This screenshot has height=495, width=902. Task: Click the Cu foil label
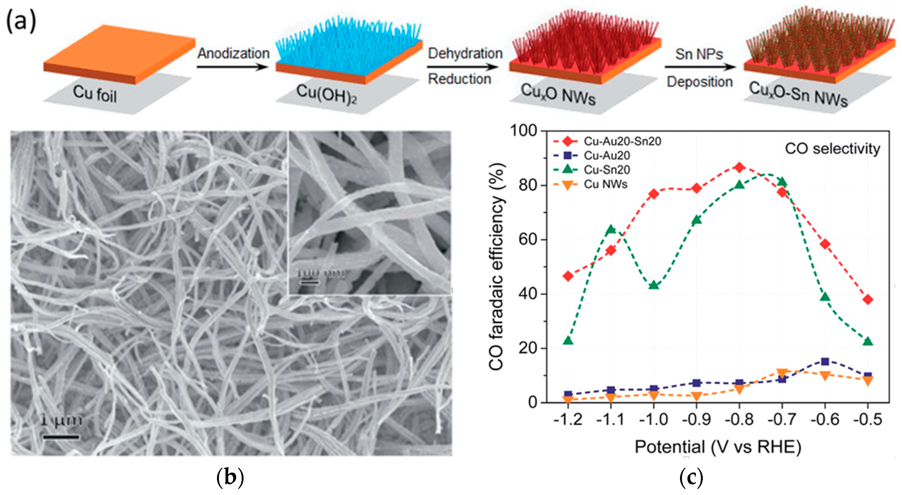[94, 94]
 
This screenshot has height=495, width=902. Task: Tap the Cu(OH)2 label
[326, 94]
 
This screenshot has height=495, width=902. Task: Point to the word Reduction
[459, 79]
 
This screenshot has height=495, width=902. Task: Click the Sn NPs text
[699, 54]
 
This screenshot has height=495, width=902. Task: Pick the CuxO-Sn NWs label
[798, 94]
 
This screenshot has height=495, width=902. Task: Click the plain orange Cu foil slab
[119, 53]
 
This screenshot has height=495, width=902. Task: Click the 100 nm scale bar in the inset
[308, 282]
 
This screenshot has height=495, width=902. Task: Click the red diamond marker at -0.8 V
[739, 168]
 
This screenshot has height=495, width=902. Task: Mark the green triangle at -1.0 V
[654, 285]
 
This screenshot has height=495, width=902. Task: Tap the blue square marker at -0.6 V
[825, 361]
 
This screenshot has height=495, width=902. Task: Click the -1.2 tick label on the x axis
[568, 419]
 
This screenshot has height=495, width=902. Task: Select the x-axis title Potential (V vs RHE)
[718, 447]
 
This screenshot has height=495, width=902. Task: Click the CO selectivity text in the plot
[832, 149]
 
